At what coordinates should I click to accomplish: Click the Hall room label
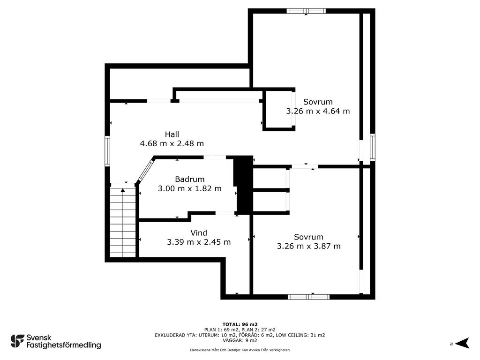172,135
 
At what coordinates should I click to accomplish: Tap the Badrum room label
189,179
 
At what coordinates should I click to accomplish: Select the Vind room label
199,233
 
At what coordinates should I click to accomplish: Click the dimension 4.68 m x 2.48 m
172,143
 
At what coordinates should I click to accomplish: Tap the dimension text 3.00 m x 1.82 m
189,188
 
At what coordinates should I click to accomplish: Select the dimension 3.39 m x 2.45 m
199,242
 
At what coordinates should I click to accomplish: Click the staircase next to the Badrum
123,220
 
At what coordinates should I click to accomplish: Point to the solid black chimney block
244,185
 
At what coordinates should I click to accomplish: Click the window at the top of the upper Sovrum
306,11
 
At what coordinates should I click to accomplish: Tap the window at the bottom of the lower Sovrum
308,297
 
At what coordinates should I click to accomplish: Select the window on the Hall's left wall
107,151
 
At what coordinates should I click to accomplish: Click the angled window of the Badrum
145,169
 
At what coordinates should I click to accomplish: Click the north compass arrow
462,343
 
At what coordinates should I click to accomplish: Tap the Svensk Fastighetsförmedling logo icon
17,341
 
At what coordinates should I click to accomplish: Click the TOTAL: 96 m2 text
240,324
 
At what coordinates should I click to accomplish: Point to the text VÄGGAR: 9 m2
240,340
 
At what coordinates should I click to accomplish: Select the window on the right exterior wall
373,147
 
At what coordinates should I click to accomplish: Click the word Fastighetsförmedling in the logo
64,345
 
